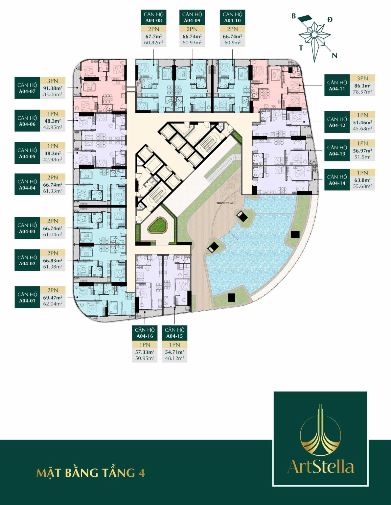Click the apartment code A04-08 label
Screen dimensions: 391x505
pos(153,20)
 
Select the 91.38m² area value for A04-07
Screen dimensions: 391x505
pos(53,88)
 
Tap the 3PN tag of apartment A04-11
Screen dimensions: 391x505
pos(362,78)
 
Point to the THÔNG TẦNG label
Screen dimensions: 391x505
pos(225,203)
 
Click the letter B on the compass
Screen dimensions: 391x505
pos(294,16)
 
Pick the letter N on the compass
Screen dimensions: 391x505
pos(334,55)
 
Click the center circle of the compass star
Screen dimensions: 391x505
pos(314,35)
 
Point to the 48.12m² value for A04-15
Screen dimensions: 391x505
pos(174,358)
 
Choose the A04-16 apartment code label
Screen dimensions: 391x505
pos(145,336)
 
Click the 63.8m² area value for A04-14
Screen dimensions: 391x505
pos(362,180)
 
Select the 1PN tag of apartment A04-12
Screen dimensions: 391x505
pos(362,115)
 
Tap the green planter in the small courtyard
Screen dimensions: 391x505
pos(158,225)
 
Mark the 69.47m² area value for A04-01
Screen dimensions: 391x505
pos(53,298)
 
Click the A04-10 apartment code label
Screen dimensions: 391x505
pos(232,20)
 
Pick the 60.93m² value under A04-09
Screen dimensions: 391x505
pos(192,42)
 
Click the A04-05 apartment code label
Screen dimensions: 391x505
pos(27,156)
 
